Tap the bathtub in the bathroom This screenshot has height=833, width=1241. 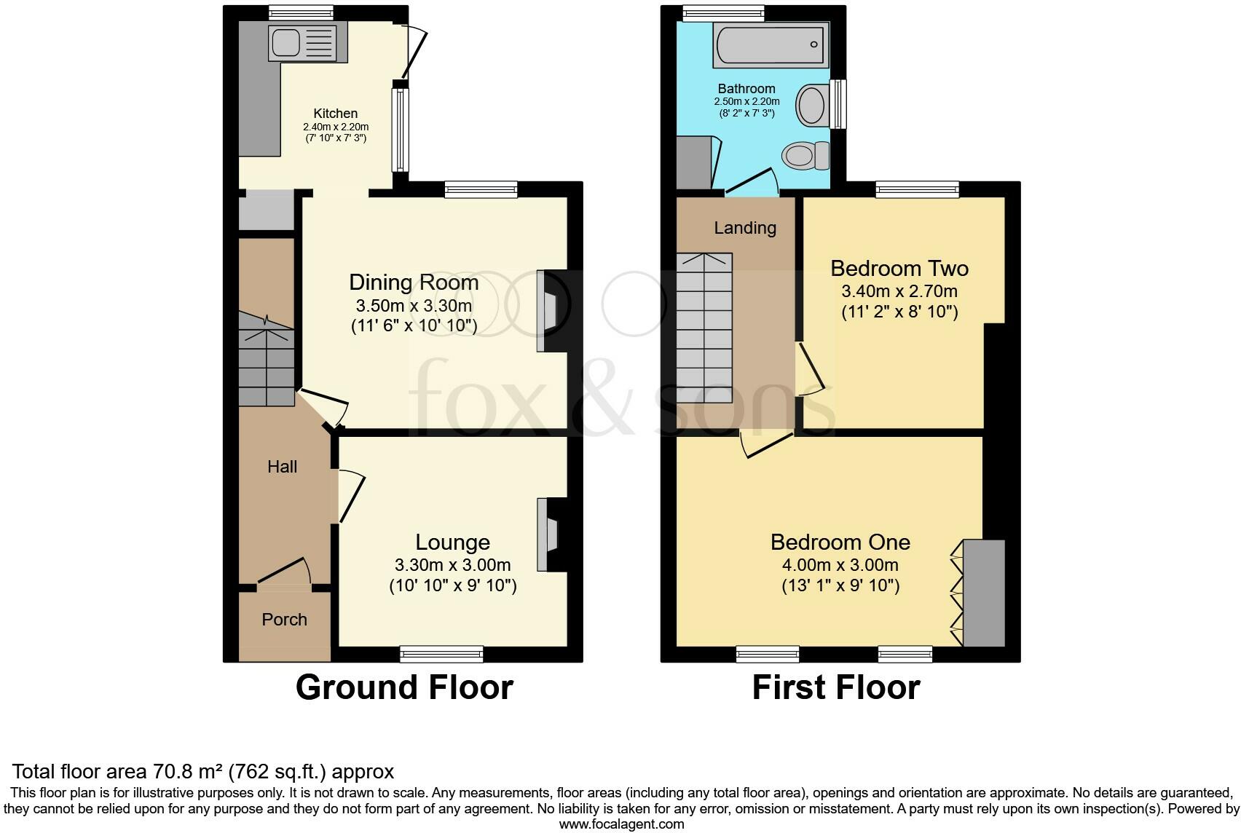click(x=771, y=45)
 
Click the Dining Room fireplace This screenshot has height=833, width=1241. click(x=550, y=312)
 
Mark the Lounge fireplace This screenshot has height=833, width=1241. click(x=550, y=534)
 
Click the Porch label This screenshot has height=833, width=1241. click(x=284, y=620)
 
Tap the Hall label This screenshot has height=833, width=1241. click(x=283, y=467)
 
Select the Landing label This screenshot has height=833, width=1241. click(x=744, y=228)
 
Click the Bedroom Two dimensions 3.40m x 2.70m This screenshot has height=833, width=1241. click(x=899, y=291)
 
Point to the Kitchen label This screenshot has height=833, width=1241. click(x=336, y=114)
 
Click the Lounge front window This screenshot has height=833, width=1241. click(x=441, y=654)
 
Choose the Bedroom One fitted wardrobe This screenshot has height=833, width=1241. click(x=984, y=593)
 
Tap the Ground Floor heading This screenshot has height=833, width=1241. click(x=404, y=687)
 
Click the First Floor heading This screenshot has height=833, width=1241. click(x=836, y=687)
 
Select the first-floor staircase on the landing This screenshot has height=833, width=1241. click(x=704, y=328)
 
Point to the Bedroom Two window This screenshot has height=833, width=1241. click(x=917, y=190)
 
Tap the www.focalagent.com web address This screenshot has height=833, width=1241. click(x=621, y=824)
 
